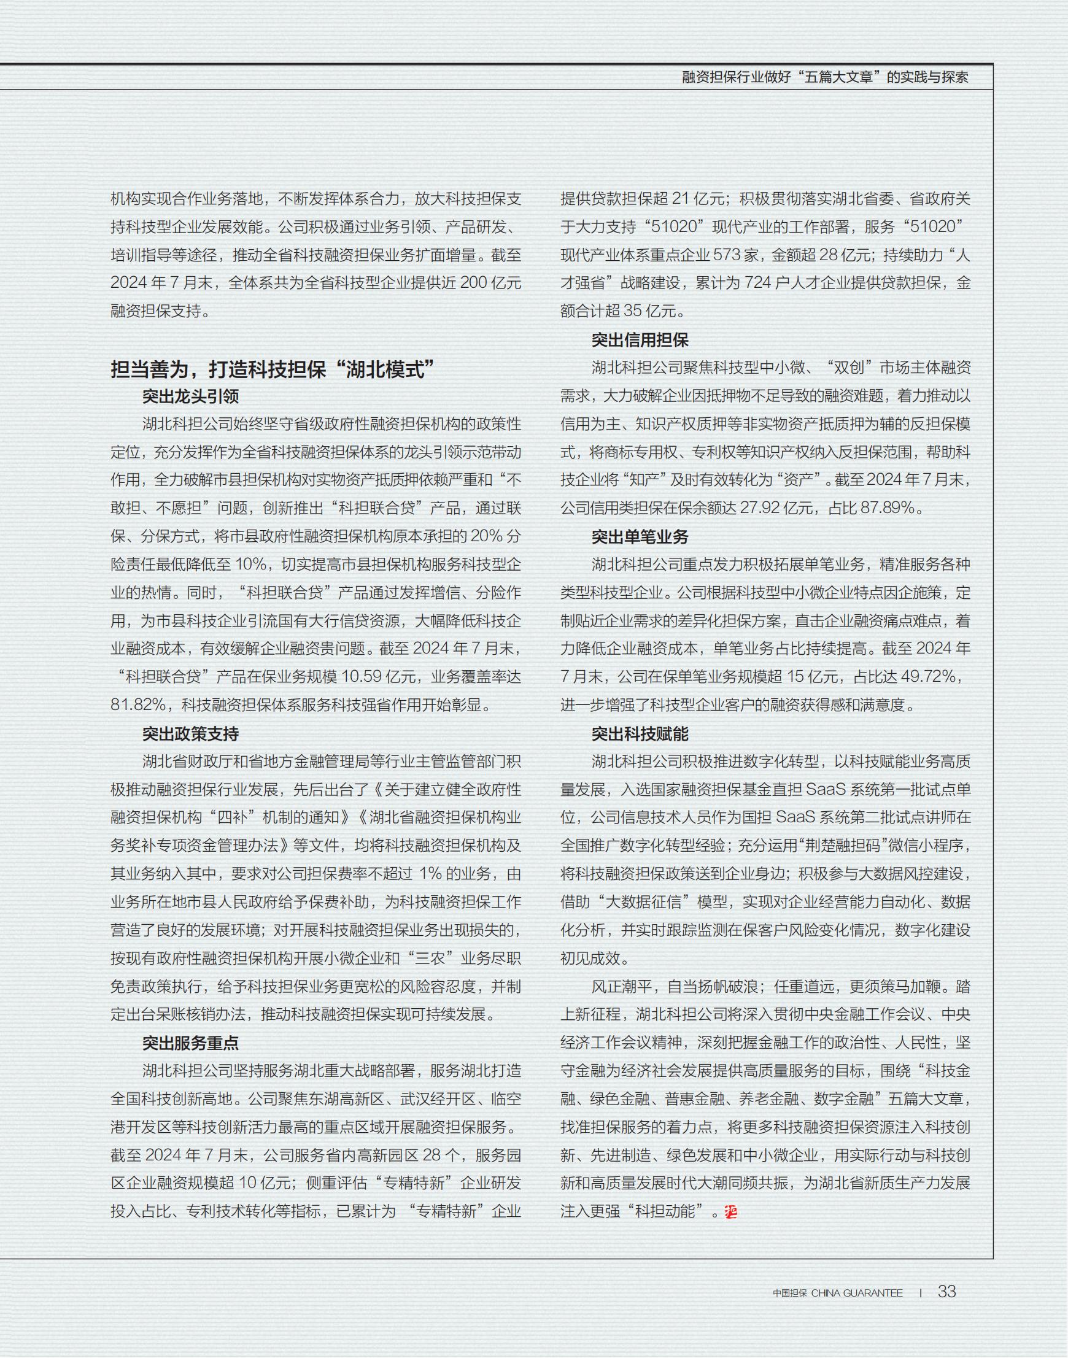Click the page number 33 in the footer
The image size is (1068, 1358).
[x=946, y=1291]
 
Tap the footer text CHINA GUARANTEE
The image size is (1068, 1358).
[x=857, y=1293]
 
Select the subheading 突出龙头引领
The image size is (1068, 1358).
[x=190, y=396]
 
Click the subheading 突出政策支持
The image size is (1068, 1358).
[x=190, y=733]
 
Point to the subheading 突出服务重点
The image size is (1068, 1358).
[x=190, y=1043]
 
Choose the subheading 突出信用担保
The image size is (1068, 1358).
[x=640, y=340]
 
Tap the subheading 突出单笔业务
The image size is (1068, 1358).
[x=640, y=536]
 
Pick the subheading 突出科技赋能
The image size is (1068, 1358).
[x=640, y=733]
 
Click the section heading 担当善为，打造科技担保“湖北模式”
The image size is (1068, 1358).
[x=272, y=369]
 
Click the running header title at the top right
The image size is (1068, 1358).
[x=825, y=77]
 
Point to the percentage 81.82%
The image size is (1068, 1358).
[x=138, y=705]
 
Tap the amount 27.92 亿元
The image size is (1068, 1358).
[x=777, y=508]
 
